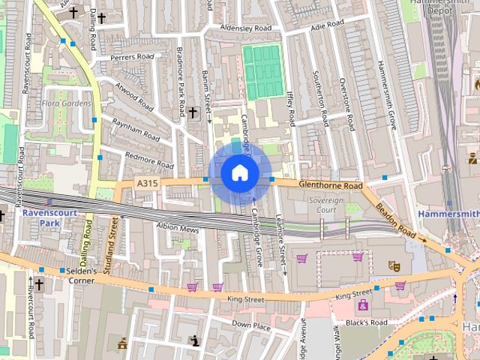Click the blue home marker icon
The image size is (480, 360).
click(239, 173)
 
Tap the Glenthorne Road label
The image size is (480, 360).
click(330, 184)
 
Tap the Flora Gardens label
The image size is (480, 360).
click(67, 103)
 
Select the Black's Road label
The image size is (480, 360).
click(367, 322)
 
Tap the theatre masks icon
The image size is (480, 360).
click(392, 265)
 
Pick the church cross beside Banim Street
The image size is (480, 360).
click(193, 112)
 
